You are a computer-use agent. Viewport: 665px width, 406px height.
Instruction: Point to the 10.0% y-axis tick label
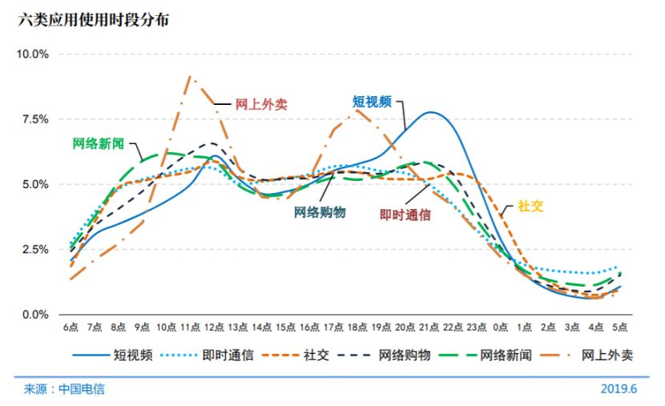[33, 54]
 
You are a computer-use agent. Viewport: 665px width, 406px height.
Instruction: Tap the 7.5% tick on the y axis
[35, 119]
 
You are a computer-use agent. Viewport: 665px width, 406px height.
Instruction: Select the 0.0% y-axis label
[35, 315]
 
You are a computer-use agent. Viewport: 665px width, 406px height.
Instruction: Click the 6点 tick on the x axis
[71, 328]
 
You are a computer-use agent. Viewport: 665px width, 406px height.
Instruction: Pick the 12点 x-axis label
[214, 328]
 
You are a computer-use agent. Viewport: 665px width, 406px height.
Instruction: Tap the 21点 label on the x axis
[428, 328]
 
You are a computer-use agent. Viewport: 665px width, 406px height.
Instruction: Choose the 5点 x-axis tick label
[619, 328]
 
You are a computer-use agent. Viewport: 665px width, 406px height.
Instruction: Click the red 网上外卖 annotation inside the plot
[261, 104]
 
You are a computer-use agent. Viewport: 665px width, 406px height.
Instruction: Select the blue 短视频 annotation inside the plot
[373, 102]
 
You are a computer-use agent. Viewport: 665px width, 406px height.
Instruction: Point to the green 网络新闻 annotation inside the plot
[99, 143]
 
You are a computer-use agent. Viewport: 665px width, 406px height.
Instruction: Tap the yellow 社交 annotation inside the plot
[530, 206]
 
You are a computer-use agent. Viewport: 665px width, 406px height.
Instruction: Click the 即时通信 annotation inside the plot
[405, 214]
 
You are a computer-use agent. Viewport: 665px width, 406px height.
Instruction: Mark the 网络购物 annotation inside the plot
[319, 212]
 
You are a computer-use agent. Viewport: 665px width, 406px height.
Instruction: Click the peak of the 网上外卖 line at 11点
[190, 77]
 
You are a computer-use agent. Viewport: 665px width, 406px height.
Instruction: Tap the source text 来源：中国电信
[64, 389]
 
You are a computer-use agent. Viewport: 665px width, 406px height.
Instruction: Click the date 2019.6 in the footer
[618, 389]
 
